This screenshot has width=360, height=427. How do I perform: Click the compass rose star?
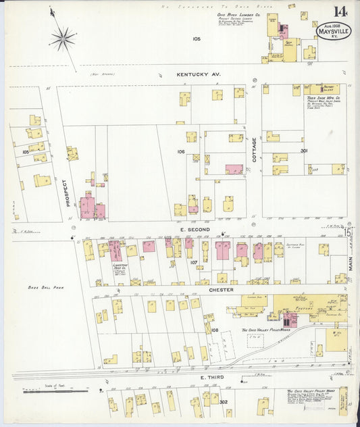tap(63, 38)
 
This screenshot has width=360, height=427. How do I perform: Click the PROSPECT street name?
tap(66, 193)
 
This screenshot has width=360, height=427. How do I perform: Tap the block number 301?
tap(304, 151)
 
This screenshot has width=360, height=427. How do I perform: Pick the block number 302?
tap(224, 402)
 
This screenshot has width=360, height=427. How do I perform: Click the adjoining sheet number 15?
tap(349, 232)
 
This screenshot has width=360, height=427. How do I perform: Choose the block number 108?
tap(215, 330)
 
